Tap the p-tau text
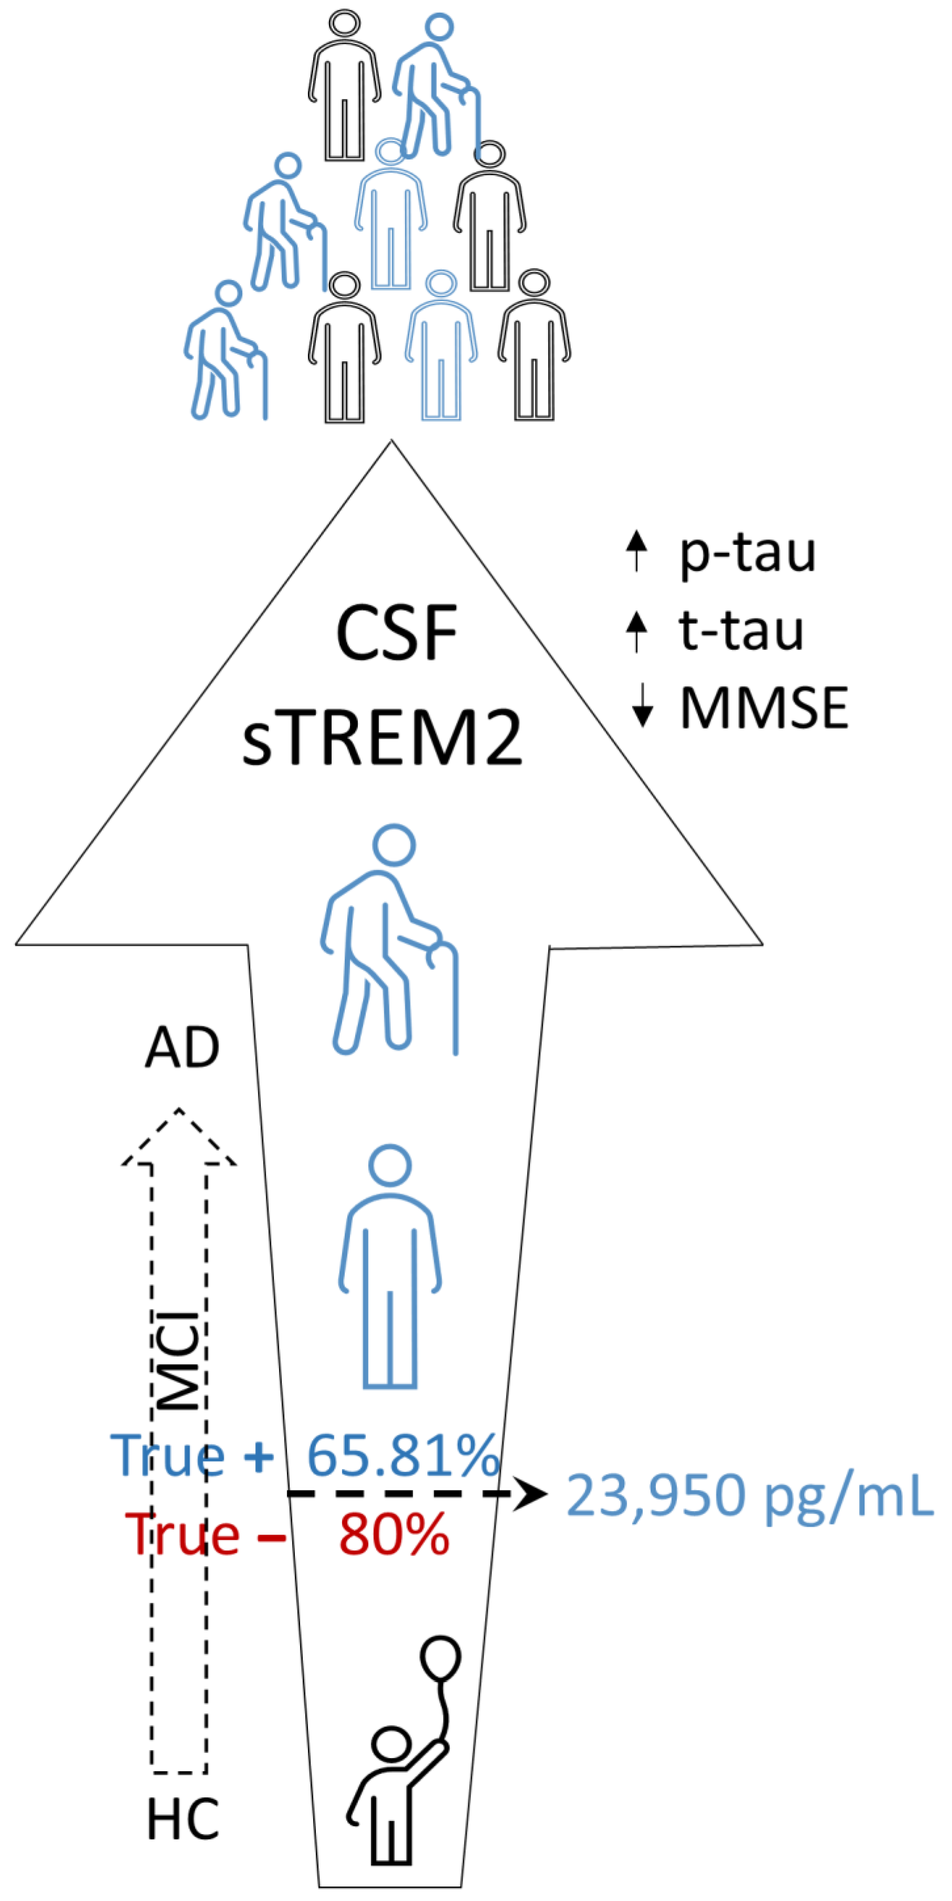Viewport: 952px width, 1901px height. pyautogui.click(x=747, y=554)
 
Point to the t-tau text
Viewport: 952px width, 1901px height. pyautogui.click(x=741, y=631)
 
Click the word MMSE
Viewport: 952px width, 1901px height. pyautogui.click(x=764, y=708)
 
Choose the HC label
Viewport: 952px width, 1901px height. pyautogui.click(x=182, y=1820)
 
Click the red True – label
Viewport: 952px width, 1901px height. pyautogui.click(x=204, y=1535)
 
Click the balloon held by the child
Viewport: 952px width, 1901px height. pyautogui.click(x=440, y=1658)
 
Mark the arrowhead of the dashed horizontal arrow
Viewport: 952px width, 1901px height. pyautogui.click(x=530, y=1494)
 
